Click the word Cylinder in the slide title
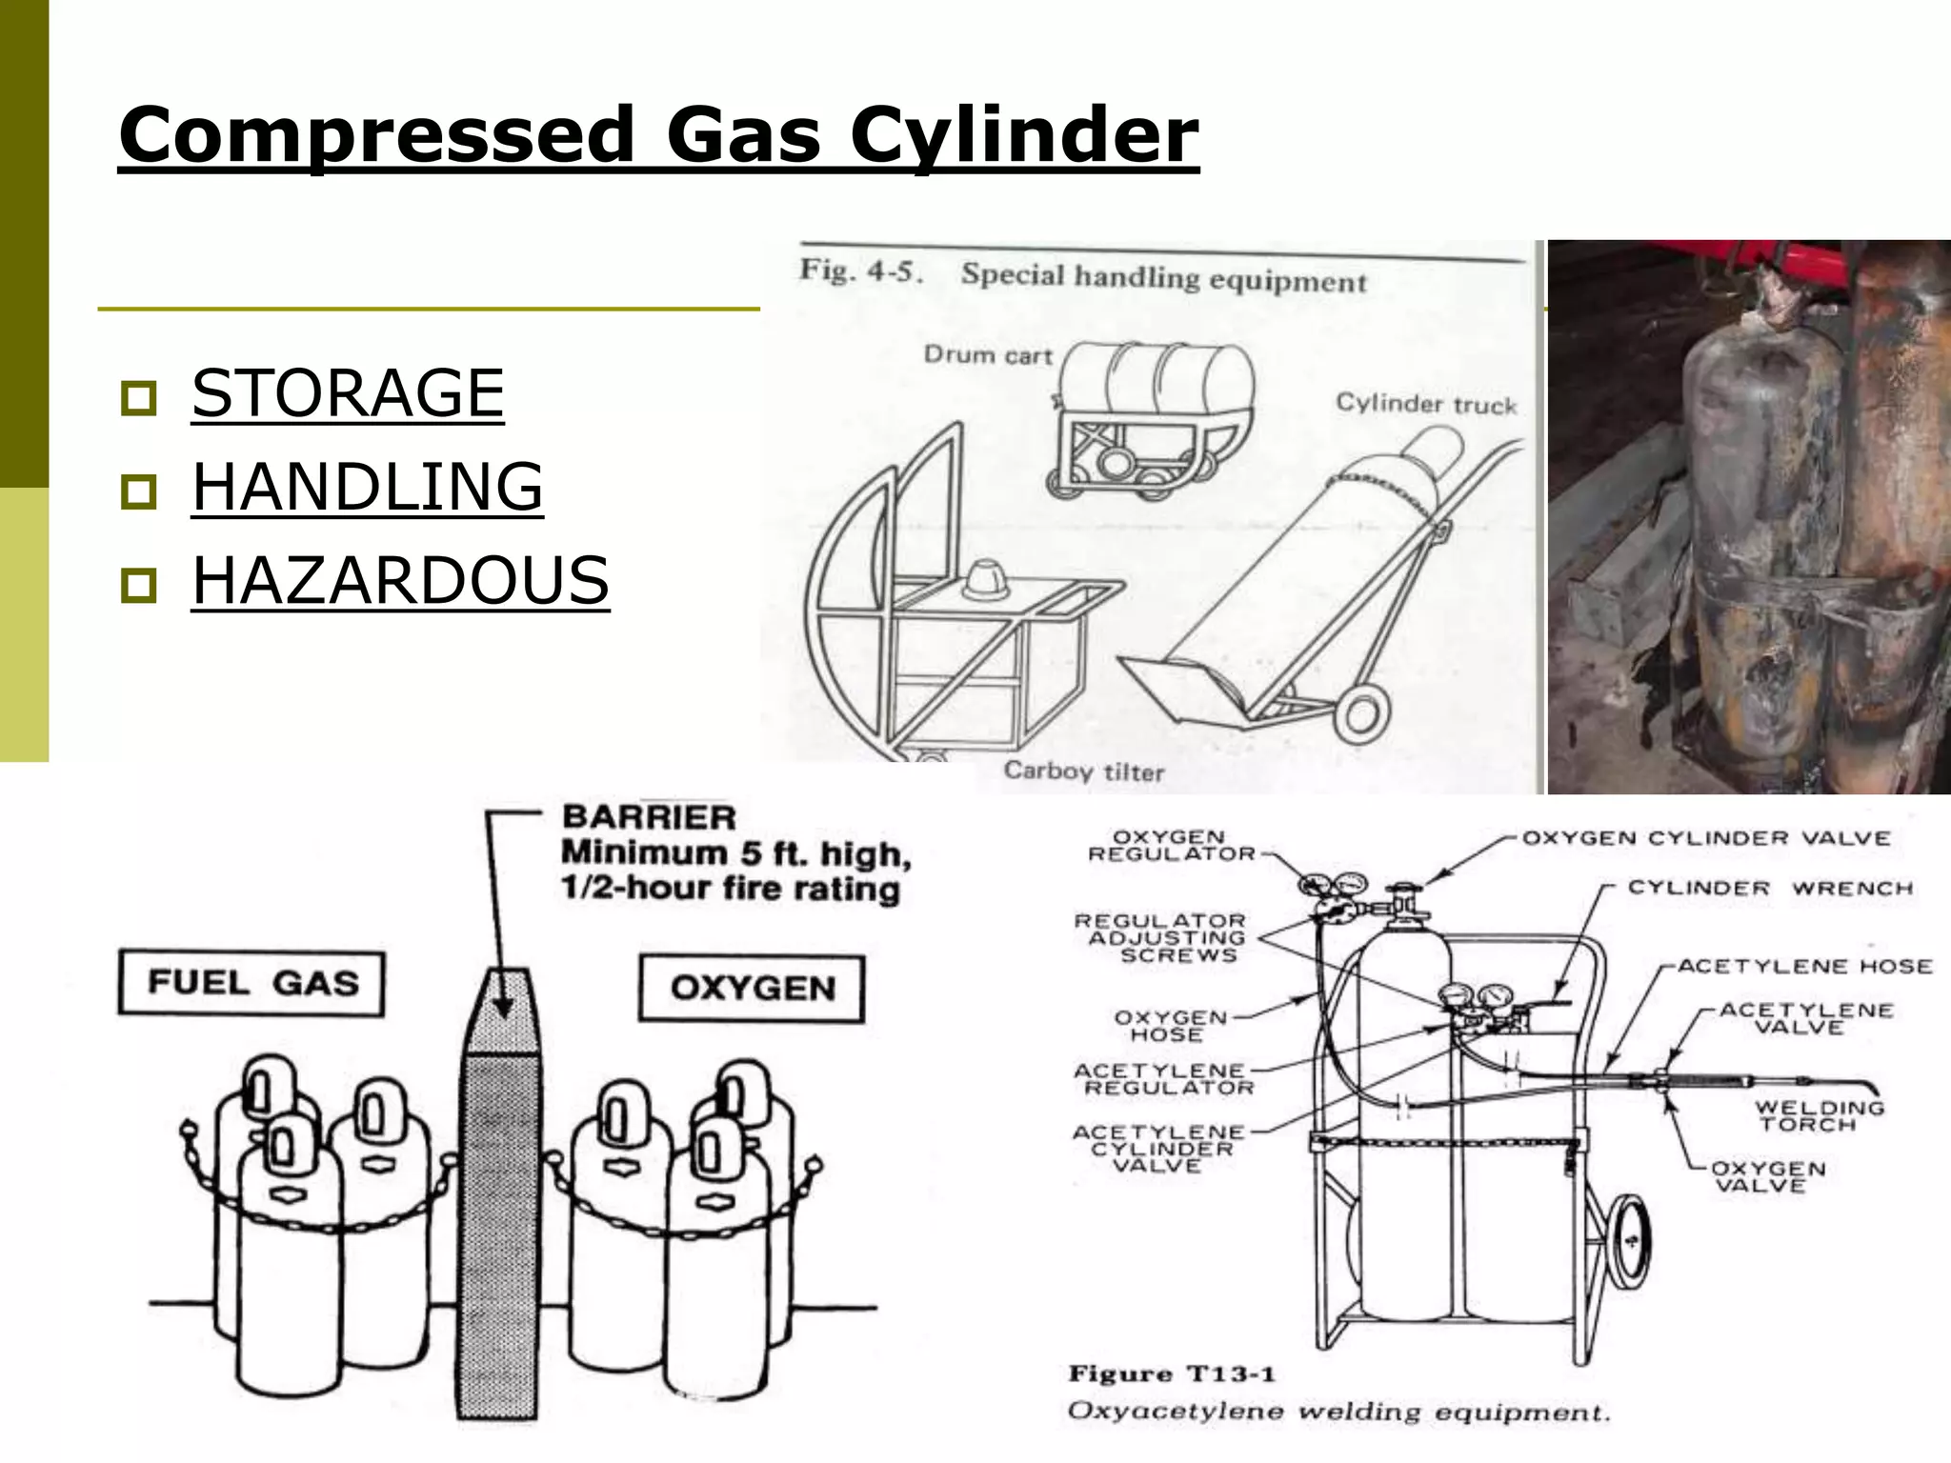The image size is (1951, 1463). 1024,135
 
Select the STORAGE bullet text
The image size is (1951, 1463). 348,393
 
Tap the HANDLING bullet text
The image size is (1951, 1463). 367,487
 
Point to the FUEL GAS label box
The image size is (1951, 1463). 251,984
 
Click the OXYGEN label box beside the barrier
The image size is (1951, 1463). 752,988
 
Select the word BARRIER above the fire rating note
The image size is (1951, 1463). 649,817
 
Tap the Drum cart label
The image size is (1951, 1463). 987,355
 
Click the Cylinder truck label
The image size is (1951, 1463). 1425,404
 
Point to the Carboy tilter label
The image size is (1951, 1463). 1083,771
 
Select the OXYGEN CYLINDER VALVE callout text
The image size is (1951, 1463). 1705,838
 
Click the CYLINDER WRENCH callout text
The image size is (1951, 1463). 1769,888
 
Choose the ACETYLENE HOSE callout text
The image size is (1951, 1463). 1804,966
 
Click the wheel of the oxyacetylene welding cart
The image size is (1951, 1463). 1629,1240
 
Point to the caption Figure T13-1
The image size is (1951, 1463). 1171,1373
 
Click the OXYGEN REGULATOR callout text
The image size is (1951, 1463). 1171,845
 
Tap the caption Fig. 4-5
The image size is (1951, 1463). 861,271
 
